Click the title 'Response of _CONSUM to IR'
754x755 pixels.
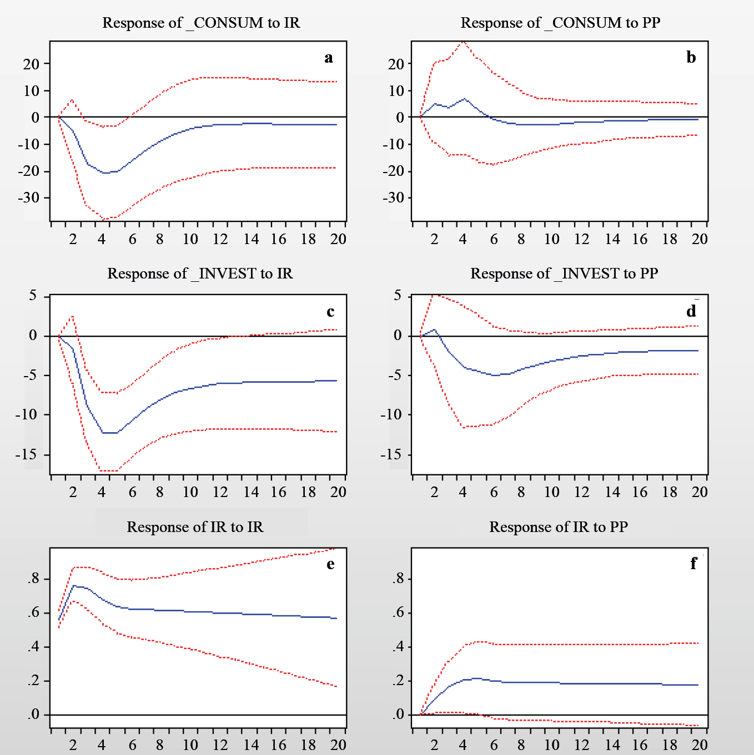pyautogui.click(x=201, y=23)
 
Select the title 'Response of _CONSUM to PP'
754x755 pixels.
pyautogui.click(x=560, y=23)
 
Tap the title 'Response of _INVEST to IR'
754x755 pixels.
pyautogui.click(x=200, y=273)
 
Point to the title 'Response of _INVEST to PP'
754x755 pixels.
pyautogui.click(x=564, y=273)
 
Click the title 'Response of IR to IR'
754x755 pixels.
pyautogui.click(x=195, y=527)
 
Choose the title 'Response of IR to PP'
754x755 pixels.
pyautogui.click(x=559, y=527)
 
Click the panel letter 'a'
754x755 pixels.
pyautogui.click(x=329, y=58)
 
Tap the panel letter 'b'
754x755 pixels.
pyautogui.click(x=691, y=58)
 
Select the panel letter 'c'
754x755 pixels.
pyautogui.click(x=330, y=312)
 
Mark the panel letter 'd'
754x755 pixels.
pyautogui.click(x=691, y=312)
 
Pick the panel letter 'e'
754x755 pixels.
pyautogui.click(x=330, y=564)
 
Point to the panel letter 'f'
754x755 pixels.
pyautogui.click(x=693, y=564)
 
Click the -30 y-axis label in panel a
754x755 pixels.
pyautogui.click(x=31, y=198)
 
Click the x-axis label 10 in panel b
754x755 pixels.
pyautogui.click(x=551, y=239)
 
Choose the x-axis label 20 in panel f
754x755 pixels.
pyautogui.click(x=700, y=745)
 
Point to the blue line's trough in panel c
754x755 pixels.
pyautogui.click(x=109, y=433)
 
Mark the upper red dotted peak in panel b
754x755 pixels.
pyautogui.click(x=463, y=42)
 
